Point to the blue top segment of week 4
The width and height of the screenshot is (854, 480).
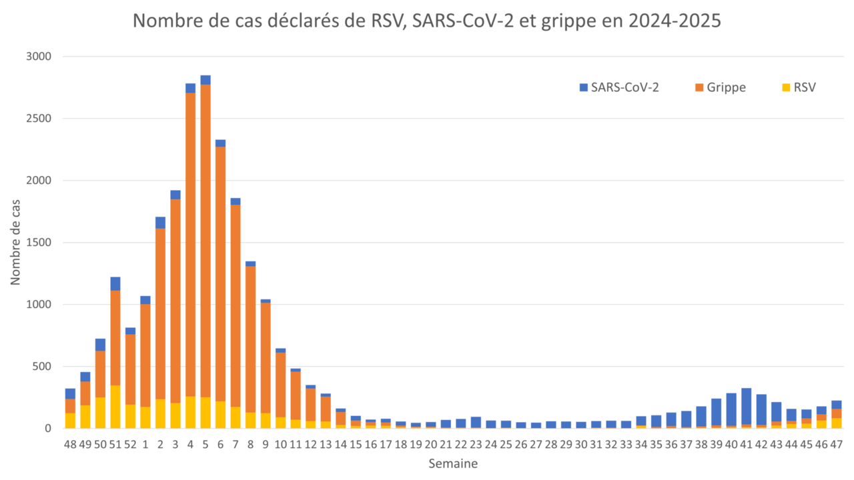[x=190, y=88]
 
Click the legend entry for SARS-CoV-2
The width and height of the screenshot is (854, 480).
[x=619, y=87]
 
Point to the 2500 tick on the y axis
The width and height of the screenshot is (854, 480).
[x=38, y=119]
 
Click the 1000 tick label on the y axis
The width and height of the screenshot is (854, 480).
[x=38, y=305]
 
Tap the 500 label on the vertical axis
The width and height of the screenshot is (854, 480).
[x=41, y=367]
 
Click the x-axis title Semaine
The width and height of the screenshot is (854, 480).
[x=453, y=463]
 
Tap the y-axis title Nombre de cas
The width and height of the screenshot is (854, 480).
[x=15, y=241]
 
